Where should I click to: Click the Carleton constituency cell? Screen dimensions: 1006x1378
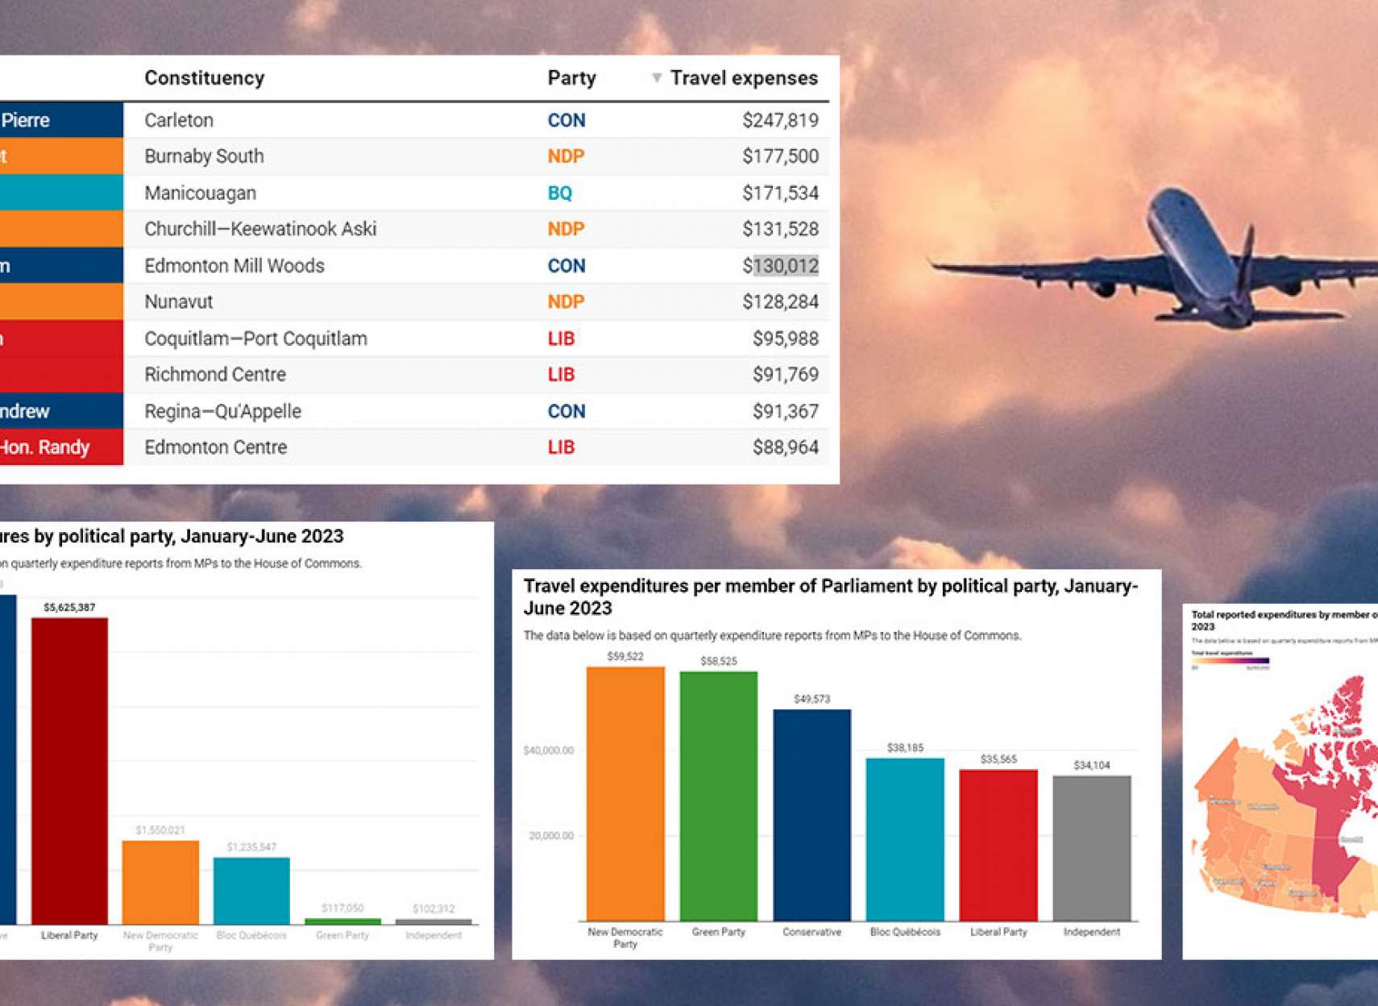coord(179,121)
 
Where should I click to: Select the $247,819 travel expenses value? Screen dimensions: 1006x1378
coord(780,121)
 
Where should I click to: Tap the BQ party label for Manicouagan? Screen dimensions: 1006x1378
coord(559,193)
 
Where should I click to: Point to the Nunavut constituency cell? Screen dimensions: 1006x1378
coord(178,302)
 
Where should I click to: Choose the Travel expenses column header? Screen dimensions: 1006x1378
coord(744,78)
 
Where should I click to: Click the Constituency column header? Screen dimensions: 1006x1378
coord(204,78)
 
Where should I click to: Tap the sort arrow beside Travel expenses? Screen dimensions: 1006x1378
coord(657,78)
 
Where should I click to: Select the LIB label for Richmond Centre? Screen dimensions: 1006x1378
coord(561,375)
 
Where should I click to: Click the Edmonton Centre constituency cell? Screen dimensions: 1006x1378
coord(215,447)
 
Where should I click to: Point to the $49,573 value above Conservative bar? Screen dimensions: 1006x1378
coord(811,699)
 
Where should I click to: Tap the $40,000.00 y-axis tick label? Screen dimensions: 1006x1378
coord(549,750)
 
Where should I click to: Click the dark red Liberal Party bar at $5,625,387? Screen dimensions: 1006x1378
coord(69,770)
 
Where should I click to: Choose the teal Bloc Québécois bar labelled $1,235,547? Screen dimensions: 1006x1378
coord(251,890)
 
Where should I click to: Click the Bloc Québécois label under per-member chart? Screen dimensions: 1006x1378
coord(905,932)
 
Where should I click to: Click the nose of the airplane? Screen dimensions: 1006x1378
coord(1163,197)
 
